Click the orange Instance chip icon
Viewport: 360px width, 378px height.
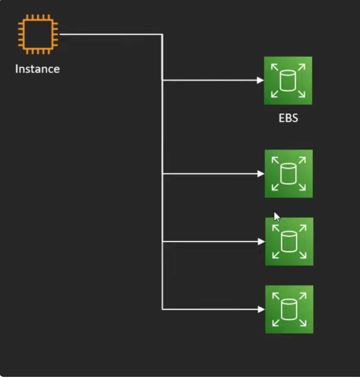pyautogui.click(x=37, y=35)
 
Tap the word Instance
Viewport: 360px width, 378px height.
pyautogui.click(x=37, y=69)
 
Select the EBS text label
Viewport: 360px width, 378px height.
pyautogui.click(x=288, y=118)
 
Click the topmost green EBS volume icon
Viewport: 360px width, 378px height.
pyautogui.click(x=288, y=81)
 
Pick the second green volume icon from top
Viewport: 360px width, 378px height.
pyautogui.click(x=289, y=174)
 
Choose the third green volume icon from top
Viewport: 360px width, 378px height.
pyautogui.click(x=289, y=242)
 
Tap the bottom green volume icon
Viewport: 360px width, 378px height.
pyautogui.click(x=289, y=309)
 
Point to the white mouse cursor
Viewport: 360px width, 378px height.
pyautogui.click(x=277, y=216)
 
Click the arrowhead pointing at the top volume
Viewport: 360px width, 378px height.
pyautogui.click(x=261, y=80)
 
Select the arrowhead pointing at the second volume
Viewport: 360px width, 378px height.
pyautogui.click(x=261, y=174)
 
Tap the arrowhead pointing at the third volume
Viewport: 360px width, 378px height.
pyautogui.click(x=261, y=242)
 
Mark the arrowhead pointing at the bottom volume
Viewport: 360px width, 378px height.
pyautogui.click(x=261, y=309)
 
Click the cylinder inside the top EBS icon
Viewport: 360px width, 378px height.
pyautogui.click(x=288, y=81)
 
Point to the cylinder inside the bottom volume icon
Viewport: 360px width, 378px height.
pyautogui.click(x=289, y=309)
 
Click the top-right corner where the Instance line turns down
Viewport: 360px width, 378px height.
pyautogui.click(x=162, y=35)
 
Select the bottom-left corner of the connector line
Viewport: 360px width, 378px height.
pyautogui.click(x=162, y=309)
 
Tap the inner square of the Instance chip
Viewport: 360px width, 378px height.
pyautogui.click(x=37, y=35)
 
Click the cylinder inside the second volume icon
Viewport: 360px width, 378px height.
pyautogui.click(x=289, y=174)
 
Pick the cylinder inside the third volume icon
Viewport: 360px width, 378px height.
pyautogui.click(x=289, y=242)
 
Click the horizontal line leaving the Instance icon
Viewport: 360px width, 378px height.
pyautogui.click(x=110, y=35)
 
